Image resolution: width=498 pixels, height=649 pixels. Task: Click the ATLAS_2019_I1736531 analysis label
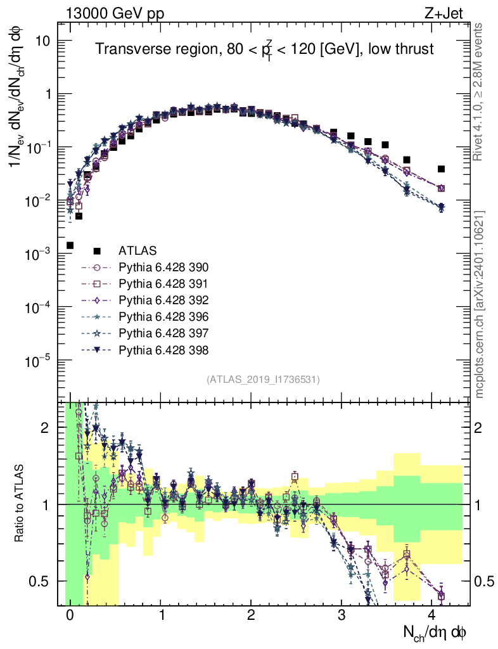pyautogui.click(x=263, y=380)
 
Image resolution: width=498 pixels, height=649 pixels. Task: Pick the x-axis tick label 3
pyautogui.click(x=342, y=615)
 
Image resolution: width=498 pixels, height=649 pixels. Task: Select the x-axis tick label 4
pyautogui.click(x=432, y=615)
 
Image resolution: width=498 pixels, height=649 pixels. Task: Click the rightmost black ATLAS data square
pyautogui.click(x=442, y=169)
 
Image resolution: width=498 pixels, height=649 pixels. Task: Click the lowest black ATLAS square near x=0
pyautogui.click(x=70, y=245)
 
